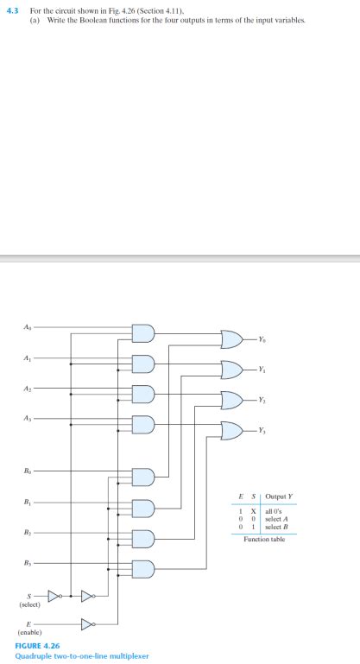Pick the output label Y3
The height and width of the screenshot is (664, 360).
(x=262, y=429)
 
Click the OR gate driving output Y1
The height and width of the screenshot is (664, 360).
(x=232, y=369)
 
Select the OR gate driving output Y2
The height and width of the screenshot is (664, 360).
(x=232, y=399)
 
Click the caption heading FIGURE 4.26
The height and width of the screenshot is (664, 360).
(x=37, y=645)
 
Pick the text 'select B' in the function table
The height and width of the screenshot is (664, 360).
(x=277, y=526)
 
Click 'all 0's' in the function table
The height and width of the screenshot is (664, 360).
(x=275, y=510)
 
